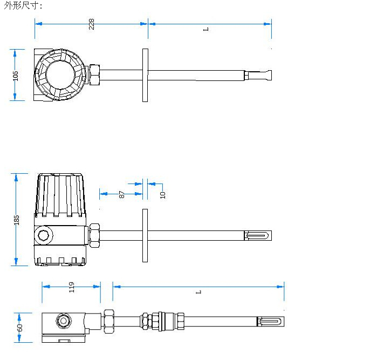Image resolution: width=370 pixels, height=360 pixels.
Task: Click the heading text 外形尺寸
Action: pyautogui.click(x=23, y=5)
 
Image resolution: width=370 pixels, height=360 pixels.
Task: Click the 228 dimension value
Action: pyautogui.click(x=92, y=24)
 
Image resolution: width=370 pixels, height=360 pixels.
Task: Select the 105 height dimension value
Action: pyautogui.click(x=16, y=75)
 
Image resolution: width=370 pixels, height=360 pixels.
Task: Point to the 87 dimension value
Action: pyautogui.click(x=122, y=194)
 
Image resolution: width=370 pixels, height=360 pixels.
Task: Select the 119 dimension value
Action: pyautogui.click(x=71, y=287)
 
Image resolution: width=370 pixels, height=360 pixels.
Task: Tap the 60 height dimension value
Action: pyautogui.click(x=20, y=327)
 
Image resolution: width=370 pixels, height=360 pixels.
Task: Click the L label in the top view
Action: pyautogui.click(x=205, y=29)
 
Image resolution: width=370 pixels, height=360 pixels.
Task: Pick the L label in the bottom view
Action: pyautogui.click(x=198, y=291)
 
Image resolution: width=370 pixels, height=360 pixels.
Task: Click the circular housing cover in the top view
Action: pyautogui.click(x=60, y=75)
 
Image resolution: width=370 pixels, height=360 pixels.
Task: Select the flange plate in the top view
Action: pyautogui.click(x=145, y=75)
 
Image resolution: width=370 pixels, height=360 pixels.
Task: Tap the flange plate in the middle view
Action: pyautogui.click(x=145, y=235)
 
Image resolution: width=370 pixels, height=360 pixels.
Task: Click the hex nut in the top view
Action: pyautogui.click(x=94, y=75)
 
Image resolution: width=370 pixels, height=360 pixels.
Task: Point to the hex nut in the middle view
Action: pyautogui.click(x=95, y=235)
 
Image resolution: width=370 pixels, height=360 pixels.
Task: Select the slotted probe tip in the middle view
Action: pyautogui.click(x=258, y=235)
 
